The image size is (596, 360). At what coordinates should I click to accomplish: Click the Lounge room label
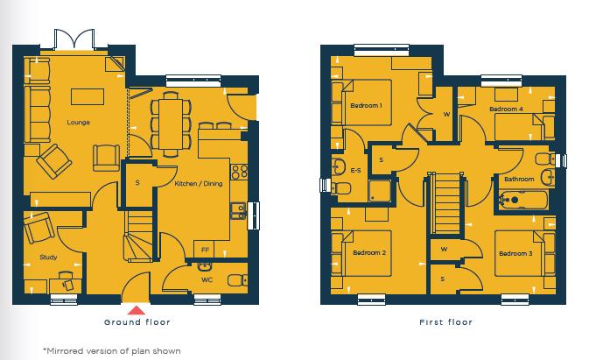click(x=79, y=123)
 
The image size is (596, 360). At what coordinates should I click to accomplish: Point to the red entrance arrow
click(x=135, y=308)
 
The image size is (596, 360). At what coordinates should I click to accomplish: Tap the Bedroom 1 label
click(x=367, y=106)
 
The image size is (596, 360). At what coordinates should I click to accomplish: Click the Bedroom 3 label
click(x=515, y=253)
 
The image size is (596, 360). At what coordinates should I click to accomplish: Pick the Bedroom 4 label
click(x=506, y=109)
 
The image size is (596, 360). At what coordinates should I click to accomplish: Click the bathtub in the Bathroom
click(x=522, y=201)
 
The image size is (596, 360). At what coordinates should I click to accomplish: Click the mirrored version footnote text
click(x=111, y=350)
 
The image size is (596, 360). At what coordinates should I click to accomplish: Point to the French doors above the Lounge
click(x=71, y=39)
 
